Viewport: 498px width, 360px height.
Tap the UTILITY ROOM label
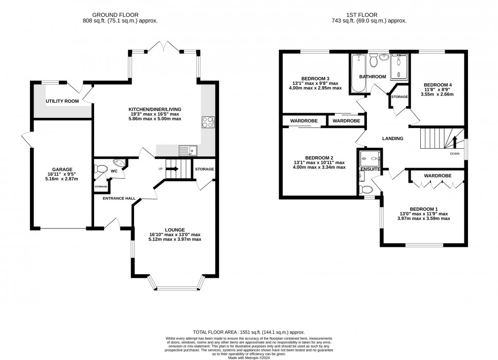point(62,101)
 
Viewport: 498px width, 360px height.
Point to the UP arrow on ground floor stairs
point(173,169)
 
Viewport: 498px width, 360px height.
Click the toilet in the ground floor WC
point(101,170)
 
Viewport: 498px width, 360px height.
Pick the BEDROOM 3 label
point(316,78)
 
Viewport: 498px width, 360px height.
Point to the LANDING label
point(393,138)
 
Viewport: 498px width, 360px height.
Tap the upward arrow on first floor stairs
point(455,141)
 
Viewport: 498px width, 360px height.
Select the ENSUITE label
point(370,169)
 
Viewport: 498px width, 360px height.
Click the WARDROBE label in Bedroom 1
point(438,175)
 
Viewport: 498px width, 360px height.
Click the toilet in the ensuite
point(366,189)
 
